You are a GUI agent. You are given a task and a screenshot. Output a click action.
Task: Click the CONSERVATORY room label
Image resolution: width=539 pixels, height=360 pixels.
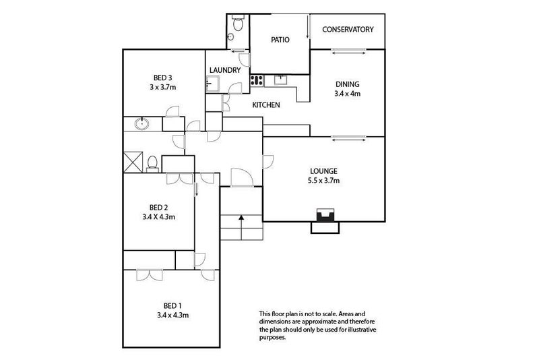coord(348,30)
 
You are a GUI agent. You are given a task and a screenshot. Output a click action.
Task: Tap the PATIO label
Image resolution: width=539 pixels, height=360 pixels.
coord(280,40)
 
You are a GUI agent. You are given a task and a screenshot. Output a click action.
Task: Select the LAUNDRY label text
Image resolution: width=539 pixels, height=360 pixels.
coord(225,70)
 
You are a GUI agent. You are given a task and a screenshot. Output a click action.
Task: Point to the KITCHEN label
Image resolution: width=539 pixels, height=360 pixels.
coord(266,105)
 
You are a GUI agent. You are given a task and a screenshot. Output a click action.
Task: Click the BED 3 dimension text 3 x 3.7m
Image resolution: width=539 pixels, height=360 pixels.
coord(163,88)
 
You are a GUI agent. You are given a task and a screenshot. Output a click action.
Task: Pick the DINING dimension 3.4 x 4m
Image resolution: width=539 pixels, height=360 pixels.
coord(348,94)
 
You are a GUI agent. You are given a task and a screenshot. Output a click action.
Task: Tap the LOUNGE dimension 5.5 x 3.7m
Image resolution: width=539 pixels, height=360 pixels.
coord(324,181)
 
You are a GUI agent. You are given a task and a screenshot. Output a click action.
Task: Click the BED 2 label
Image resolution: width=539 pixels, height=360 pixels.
coord(159,208)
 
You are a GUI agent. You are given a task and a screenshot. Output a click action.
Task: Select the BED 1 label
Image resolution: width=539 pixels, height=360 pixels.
coord(172,305)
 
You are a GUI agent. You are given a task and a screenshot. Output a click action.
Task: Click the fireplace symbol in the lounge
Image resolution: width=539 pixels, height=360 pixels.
coord(325,215)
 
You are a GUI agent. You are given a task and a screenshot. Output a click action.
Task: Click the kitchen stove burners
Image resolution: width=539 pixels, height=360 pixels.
coord(257,81)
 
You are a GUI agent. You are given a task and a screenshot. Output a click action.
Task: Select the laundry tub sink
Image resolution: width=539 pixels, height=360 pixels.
coord(212,84)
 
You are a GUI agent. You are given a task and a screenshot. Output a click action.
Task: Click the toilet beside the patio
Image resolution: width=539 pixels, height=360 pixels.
coord(238,23)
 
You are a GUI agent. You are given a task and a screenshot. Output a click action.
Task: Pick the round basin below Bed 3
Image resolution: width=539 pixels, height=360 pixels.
coord(141,123)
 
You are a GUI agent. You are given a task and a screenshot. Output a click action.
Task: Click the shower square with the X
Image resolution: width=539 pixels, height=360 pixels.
coord(133,162)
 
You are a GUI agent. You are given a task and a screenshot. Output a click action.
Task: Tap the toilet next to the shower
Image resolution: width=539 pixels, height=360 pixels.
coord(152,164)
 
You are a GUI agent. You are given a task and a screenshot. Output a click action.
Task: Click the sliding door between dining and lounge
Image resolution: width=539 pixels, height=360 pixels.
coord(348,138)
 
